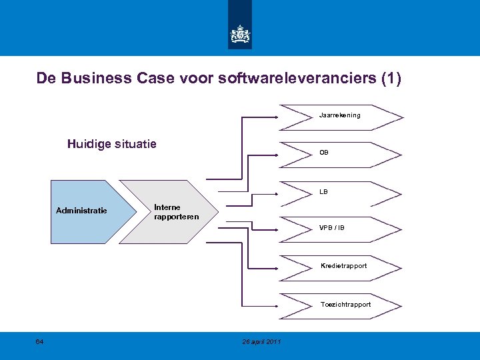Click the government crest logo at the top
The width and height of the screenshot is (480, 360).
pos(240,34)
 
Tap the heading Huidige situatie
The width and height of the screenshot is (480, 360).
pos(112,143)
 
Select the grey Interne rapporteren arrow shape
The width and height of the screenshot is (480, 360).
pos(169,212)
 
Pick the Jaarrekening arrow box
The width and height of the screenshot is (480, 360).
pos(341,116)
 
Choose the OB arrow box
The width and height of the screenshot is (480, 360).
pos(341,153)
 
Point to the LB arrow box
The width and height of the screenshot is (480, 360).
pos(341,192)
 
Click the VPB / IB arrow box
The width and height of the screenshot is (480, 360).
pos(341,229)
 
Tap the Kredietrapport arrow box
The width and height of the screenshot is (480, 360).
pos(341,267)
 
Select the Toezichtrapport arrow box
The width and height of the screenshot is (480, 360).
pos(341,305)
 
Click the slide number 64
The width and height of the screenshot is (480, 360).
pos(39,342)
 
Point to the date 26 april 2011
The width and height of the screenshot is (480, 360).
pos(262,342)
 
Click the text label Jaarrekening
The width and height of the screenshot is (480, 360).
pos(339,115)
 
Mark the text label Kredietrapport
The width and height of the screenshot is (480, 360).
pos(343,266)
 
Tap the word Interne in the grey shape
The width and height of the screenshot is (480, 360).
pos(167,207)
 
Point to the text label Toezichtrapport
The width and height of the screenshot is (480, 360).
pos(345,305)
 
